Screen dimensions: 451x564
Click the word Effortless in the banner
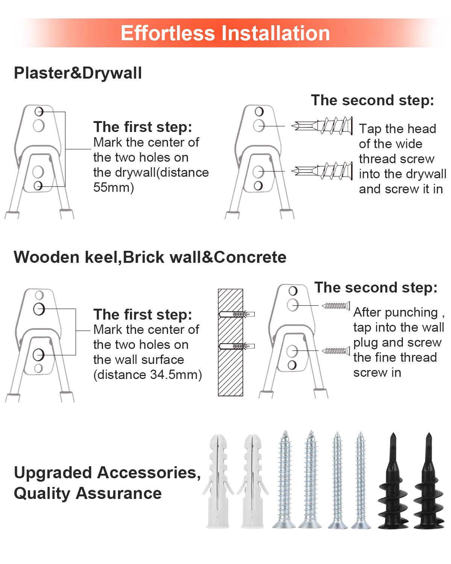click(168, 33)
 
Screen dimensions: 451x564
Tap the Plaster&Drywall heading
click(78, 73)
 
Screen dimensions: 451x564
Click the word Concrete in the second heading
click(250, 257)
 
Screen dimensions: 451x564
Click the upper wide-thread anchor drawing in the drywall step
click(322, 126)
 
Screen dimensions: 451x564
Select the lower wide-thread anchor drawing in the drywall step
click(322, 171)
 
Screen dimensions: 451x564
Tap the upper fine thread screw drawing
click(336, 306)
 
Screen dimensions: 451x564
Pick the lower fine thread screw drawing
click(336, 351)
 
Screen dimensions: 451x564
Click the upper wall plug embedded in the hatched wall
click(237, 314)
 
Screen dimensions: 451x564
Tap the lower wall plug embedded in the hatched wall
click(237, 346)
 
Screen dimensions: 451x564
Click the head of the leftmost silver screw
click(284, 524)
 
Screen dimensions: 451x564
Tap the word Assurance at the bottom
click(119, 493)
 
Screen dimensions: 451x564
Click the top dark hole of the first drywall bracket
click(39, 112)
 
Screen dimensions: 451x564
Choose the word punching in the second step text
click(411, 312)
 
